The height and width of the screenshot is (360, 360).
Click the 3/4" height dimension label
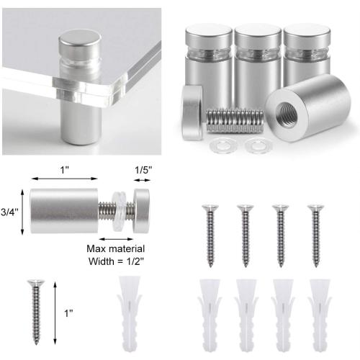[9, 212]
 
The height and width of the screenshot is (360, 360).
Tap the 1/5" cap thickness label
[143, 170]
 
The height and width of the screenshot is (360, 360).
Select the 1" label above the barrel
[64, 170]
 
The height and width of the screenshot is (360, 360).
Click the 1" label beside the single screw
[68, 313]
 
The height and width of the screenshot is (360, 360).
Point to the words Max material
[116, 248]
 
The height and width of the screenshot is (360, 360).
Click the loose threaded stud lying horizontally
[235, 120]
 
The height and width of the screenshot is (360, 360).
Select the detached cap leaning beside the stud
[192, 112]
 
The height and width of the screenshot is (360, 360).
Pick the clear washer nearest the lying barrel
[258, 145]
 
